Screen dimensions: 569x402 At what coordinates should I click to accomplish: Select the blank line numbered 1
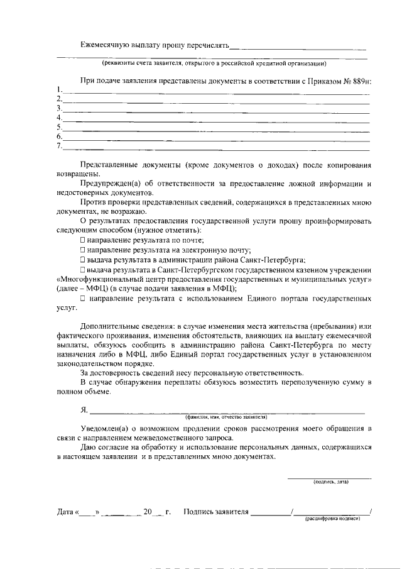point(214,91)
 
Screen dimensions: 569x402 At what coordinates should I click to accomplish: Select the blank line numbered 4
point(214,119)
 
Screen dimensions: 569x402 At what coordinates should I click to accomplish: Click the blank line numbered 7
point(214,148)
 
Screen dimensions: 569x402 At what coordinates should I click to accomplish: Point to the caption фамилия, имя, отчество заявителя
point(226,417)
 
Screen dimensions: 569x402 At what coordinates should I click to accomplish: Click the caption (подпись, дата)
point(330,482)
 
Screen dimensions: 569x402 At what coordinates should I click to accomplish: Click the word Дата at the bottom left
point(65,512)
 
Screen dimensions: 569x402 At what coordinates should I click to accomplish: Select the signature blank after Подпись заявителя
point(270,513)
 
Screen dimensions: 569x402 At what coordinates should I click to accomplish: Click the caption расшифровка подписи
point(332,519)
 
